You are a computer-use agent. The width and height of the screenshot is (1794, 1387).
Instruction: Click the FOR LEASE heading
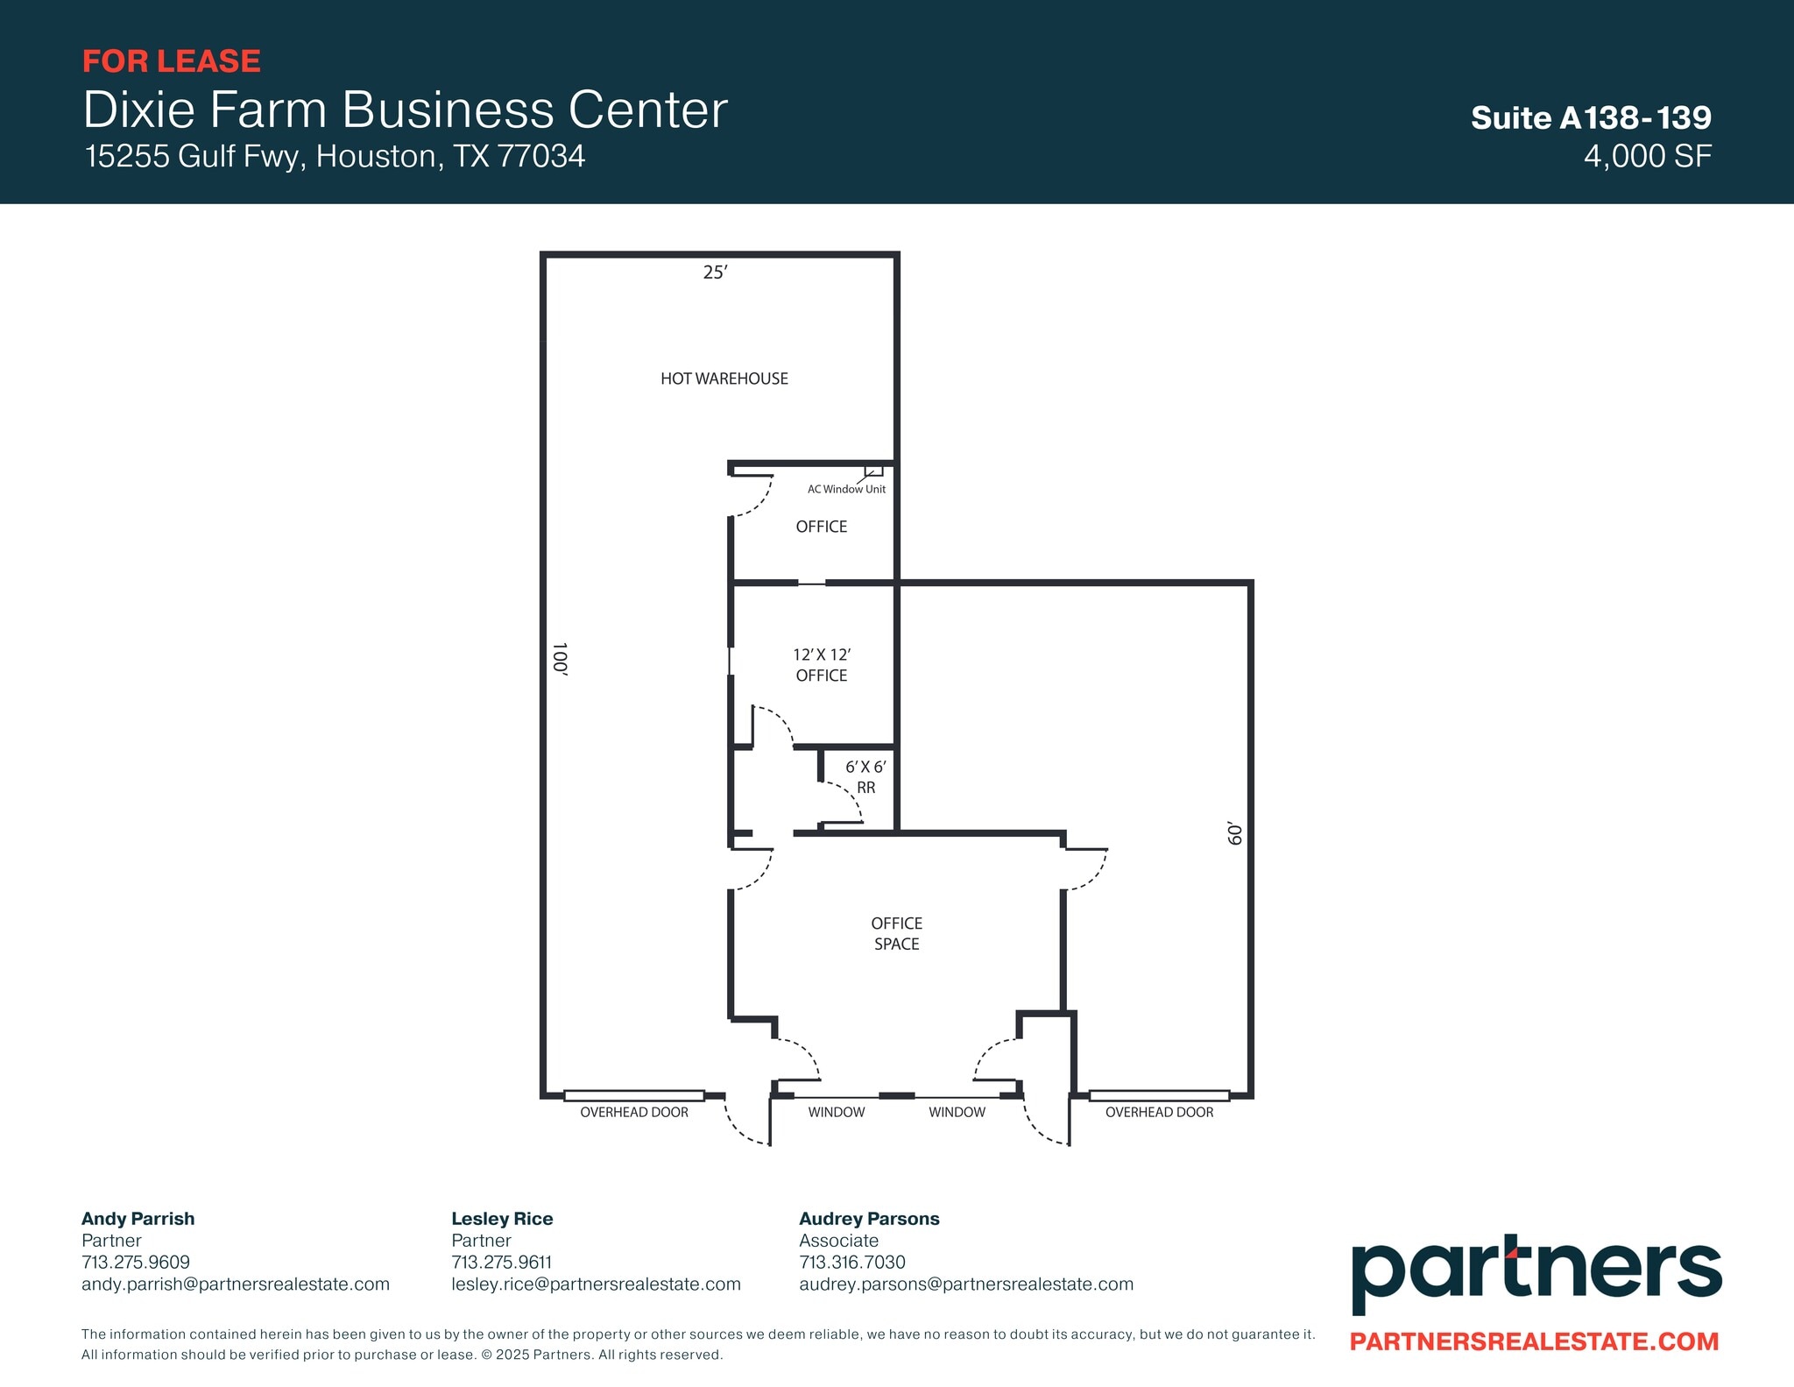point(172,61)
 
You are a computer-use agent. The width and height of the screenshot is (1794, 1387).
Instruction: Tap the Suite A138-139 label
point(1591,117)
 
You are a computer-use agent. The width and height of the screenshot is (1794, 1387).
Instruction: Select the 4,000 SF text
point(1647,156)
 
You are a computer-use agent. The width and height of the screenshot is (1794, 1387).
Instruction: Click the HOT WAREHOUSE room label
point(724,379)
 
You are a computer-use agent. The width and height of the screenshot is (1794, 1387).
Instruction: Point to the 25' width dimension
point(715,272)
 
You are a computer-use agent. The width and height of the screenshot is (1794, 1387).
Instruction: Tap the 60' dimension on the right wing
point(1234,833)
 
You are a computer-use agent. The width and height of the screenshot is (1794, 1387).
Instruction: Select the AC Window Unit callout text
point(846,489)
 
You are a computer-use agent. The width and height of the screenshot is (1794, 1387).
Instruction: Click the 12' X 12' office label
point(822,665)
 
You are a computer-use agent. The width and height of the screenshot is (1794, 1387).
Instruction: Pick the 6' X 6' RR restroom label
point(865,777)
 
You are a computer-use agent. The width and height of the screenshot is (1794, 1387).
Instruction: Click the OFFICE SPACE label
point(896,933)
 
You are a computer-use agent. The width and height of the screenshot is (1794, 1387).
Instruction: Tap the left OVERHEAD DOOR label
point(634,1112)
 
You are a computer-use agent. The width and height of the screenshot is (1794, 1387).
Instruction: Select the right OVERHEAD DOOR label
point(1159,1112)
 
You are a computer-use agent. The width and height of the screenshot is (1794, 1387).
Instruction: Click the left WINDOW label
point(836,1112)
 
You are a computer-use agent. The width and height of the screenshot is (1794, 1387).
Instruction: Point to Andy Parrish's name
point(138,1218)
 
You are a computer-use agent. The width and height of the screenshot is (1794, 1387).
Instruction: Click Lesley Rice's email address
point(596,1284)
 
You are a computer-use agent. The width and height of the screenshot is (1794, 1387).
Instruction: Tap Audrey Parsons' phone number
point(852,1262)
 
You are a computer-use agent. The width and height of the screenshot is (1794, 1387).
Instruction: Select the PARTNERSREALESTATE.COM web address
point(1534,1341)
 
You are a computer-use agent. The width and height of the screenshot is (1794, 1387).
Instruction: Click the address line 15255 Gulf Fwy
point(335,156)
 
